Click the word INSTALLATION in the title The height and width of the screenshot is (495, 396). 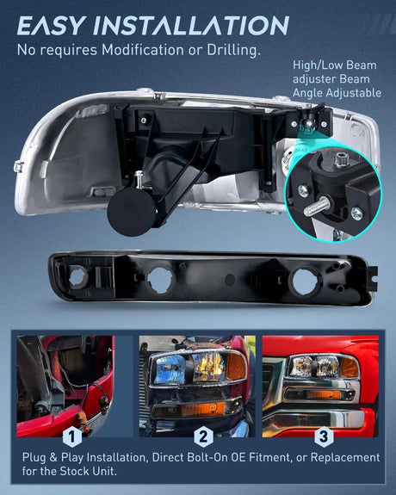(191, 25)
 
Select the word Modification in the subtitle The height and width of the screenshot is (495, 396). (142, 50)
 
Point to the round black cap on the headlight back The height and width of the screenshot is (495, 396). (132, 212)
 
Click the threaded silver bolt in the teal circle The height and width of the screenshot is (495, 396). (317, 206)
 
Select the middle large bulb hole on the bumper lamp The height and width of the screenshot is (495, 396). (160, 280)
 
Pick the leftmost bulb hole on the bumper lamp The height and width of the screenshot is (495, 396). (77, 277)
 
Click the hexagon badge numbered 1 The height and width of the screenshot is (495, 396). (72, 437)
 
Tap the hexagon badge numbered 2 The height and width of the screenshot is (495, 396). (203, 437)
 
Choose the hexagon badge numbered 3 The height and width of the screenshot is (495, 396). (324, 437)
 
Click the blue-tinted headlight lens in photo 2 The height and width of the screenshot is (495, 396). (169, 368)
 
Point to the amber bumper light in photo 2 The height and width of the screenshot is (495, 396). (203, 409)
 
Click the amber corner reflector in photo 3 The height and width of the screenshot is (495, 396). (350, 367)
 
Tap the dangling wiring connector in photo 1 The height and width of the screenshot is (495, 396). (103, 402)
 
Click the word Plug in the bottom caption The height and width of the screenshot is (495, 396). (34, 458)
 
